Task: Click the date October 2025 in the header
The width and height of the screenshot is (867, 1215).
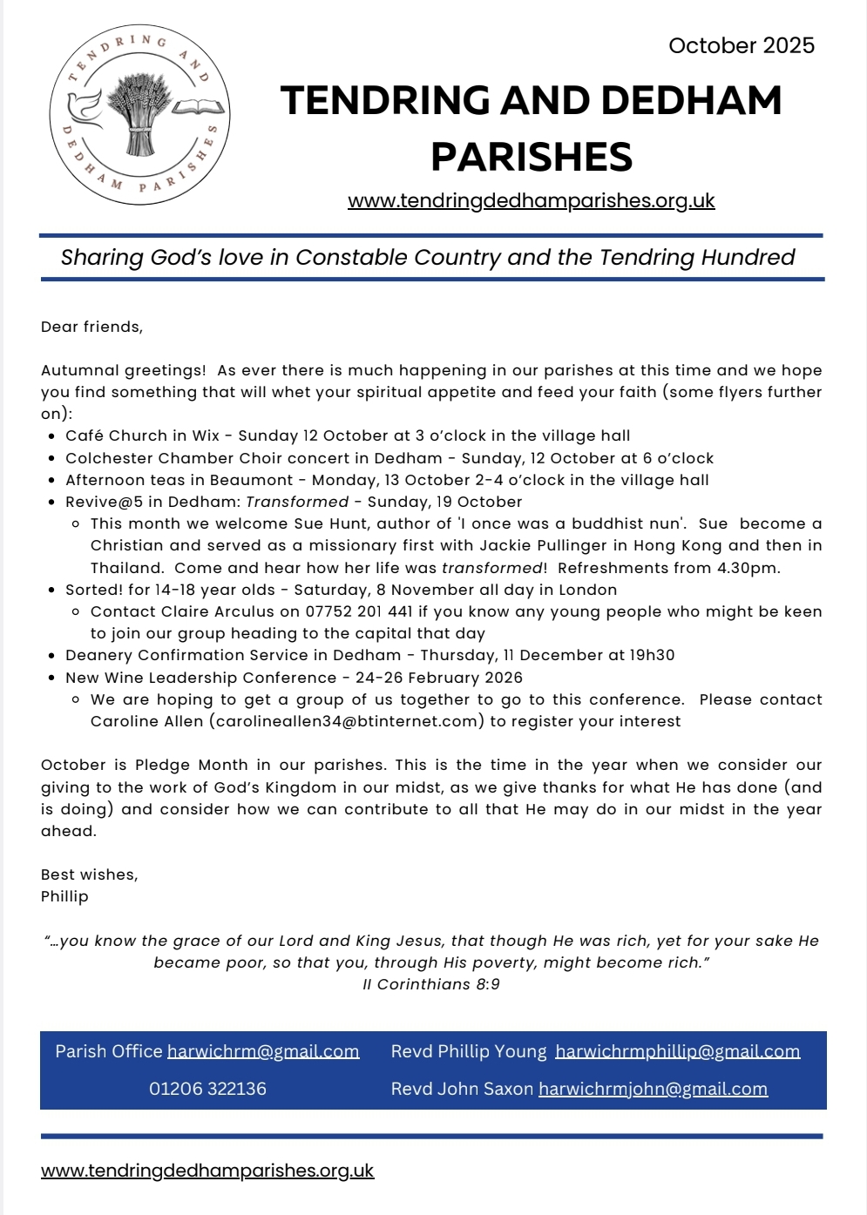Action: pyautogui.click(x=742, y=46)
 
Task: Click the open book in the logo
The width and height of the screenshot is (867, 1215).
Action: pyautogui.click(x=198, y=108)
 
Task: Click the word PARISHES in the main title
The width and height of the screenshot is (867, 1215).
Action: pyautogui.click(x=532, y=157)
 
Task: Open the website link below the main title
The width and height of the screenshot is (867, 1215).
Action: pyautogui.click(x=531, y=201)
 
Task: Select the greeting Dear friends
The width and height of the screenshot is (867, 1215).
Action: pyautogui.click(x=91, y=327)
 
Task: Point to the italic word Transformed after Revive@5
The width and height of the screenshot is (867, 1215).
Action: pyautogui.click(x=297, y=502)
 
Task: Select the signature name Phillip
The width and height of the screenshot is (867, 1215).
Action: pyautogui.click(x=64, y=896)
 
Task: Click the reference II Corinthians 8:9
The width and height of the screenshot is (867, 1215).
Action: pyautogui.click(x=431, y=984)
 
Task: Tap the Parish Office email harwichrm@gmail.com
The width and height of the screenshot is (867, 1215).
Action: pyautogui.click(x=263, y=1051)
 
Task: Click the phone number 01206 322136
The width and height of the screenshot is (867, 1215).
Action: pyautogui.click(x=207, y=1089)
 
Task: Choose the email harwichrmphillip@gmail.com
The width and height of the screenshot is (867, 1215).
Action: pyautogui.click(x=677, y=1051)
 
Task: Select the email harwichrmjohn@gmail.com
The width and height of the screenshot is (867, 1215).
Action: pyautogui.click(x=653, y=1089)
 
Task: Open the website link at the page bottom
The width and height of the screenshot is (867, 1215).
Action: pyautogui.click(x=207, y=1171)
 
